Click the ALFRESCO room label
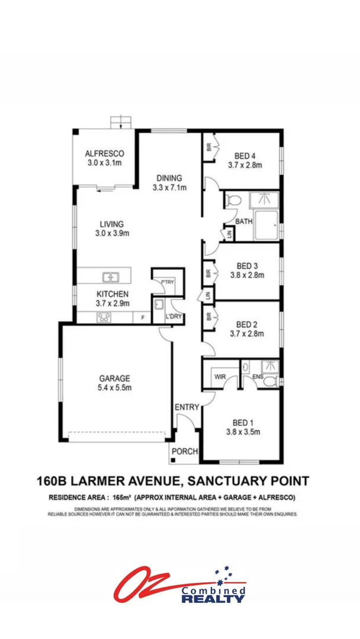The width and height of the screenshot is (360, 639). [x=104, y=153]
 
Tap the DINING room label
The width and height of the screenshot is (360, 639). [x=169, y=178]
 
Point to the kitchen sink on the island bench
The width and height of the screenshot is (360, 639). [x=110, y=276]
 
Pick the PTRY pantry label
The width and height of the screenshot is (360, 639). [x=168, y=282]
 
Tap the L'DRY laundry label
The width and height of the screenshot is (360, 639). [x=173, y=317]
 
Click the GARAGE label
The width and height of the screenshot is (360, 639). [x=114, y=379]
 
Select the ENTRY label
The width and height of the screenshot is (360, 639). [x=187, y=407]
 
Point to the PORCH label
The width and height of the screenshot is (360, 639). [x=184, y=452]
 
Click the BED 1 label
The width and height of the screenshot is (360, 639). [x=243, y=422]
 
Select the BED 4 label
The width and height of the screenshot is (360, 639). [x=245, y=156]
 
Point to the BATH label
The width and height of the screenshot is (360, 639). [x=244, y=222]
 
